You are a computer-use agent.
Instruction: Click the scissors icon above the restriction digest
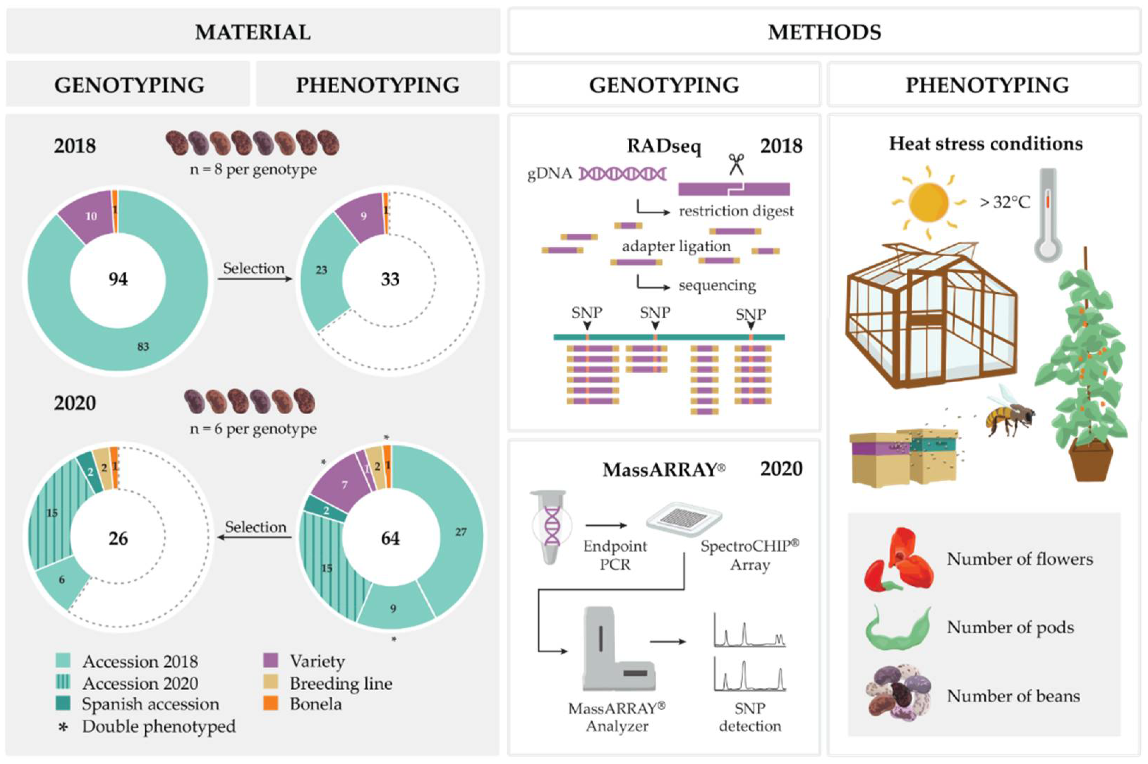coord(736,165)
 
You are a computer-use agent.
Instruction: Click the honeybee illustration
coord(1009,414)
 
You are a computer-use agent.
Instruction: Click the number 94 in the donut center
coord(118,279)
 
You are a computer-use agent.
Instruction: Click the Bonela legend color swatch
coord(271,703)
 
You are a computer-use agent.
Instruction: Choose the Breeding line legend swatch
coord(271,682)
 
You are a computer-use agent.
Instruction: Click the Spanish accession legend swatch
coord(63,703)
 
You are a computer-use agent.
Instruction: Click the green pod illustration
coord(897,629)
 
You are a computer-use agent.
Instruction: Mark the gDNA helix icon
coord(622,173)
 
